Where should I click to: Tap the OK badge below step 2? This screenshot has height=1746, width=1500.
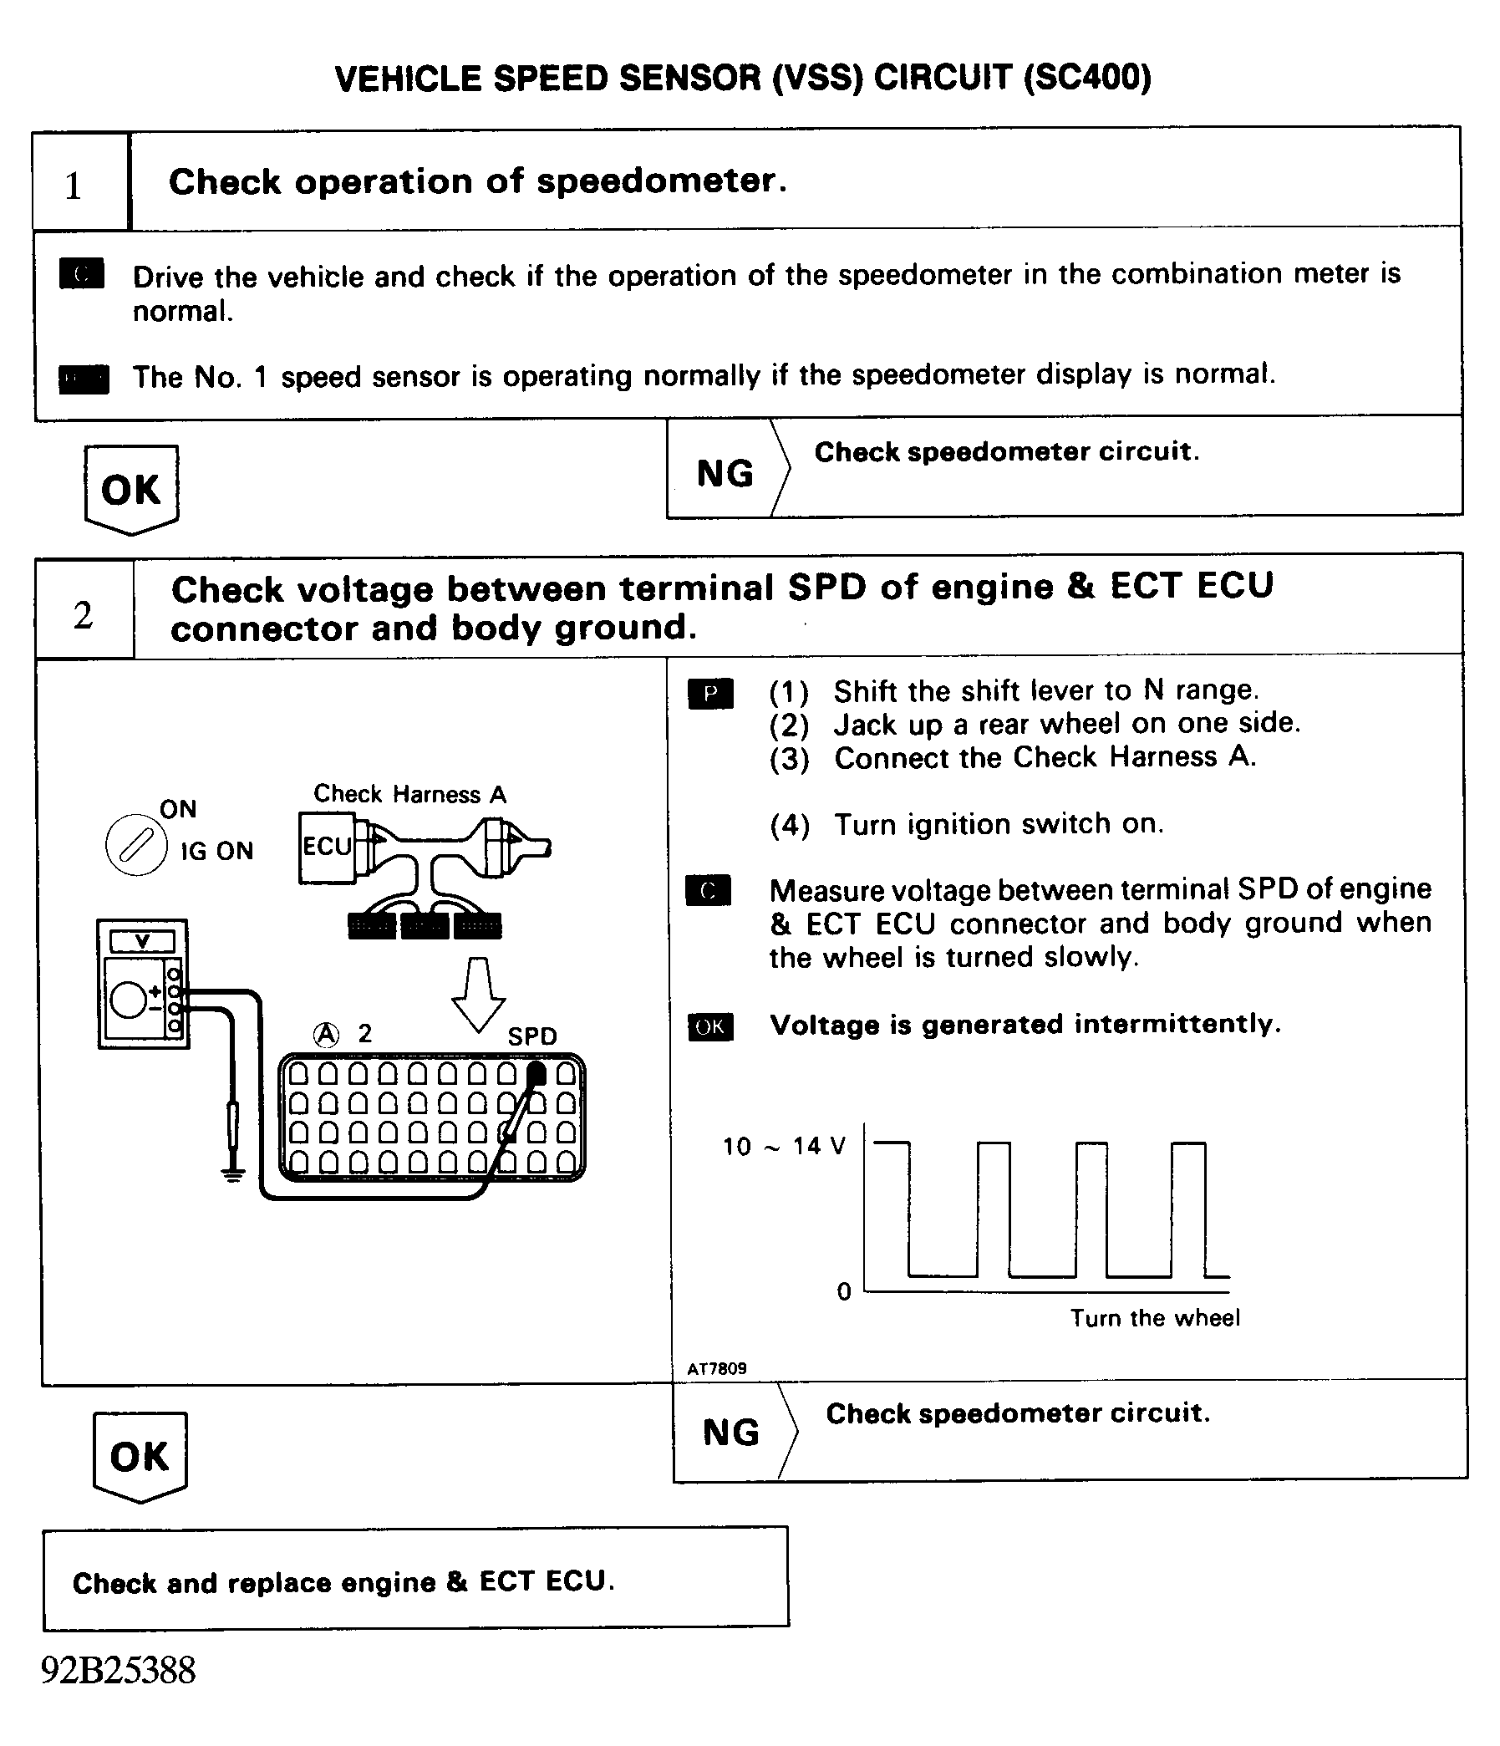click(140, 1456)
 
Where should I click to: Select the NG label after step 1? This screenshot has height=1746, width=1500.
click(725, 474)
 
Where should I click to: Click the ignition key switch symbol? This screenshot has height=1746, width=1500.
click(135, 844)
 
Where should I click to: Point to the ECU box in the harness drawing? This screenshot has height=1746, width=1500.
click(327, 847)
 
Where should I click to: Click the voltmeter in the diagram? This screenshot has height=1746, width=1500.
click(142, 984)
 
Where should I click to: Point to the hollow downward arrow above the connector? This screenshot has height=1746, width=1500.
click(478, 995)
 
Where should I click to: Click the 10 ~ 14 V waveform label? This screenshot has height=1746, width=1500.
click(784, 1146)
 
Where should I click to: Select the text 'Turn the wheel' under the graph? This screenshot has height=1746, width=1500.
click(1155, 1318)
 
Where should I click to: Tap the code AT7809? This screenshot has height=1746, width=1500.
click(716, 1369)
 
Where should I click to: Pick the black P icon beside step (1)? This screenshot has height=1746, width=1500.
click(710, 694)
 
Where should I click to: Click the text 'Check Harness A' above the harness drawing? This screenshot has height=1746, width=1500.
click(409, 794)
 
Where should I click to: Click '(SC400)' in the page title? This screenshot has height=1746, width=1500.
click(1087, 79)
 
